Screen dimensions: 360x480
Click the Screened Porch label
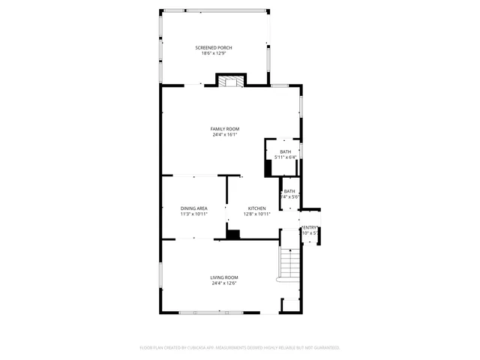214,47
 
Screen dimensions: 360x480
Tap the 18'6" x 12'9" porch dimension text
214,53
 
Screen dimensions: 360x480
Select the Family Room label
224,129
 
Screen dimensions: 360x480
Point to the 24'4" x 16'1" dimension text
224,135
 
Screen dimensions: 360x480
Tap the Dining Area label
193,208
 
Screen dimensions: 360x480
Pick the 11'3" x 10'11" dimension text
193,214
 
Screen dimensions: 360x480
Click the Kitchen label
257,208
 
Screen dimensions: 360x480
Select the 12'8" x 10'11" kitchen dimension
257,214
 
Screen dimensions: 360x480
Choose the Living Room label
224,277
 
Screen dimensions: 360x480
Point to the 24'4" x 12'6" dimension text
224,283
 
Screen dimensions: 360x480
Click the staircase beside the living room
290,262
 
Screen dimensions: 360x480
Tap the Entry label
310,227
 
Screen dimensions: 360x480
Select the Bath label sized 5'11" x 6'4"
286,151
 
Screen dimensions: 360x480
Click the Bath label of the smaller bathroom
289,191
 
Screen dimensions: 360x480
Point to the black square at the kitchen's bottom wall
234,235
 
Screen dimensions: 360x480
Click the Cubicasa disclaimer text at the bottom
240,348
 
